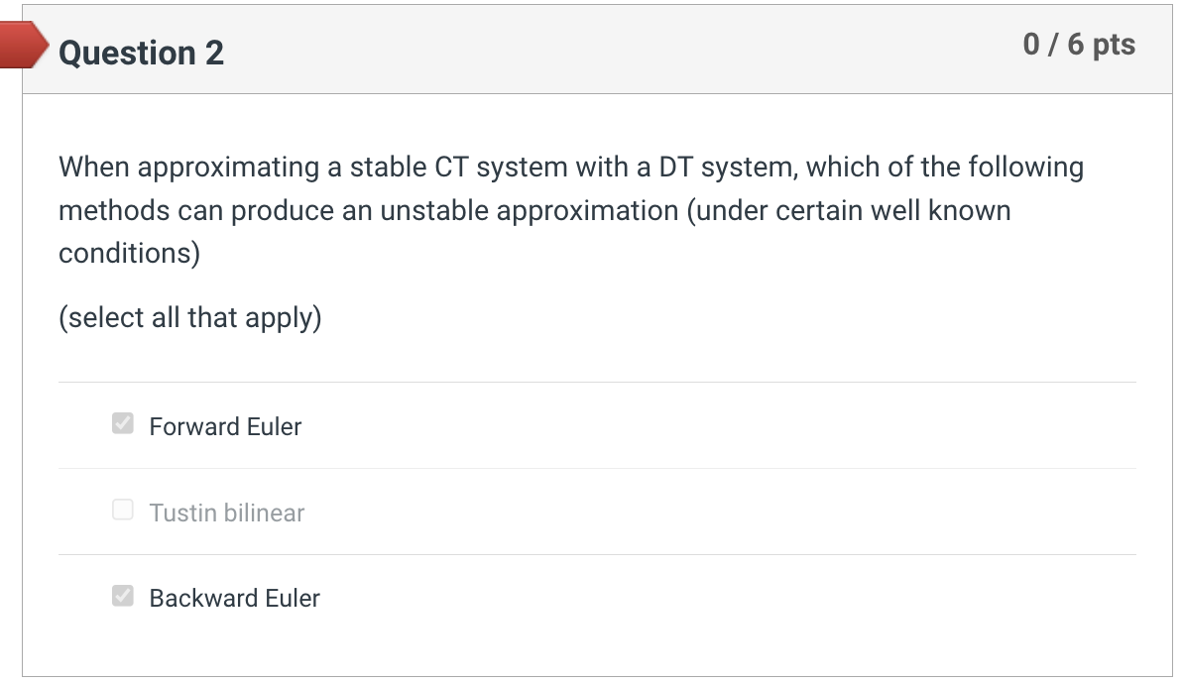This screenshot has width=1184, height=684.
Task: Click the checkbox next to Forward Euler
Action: point(123,424)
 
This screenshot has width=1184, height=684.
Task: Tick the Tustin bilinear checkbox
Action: point(123,511)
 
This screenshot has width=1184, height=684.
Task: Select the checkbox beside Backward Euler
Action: point(123,596)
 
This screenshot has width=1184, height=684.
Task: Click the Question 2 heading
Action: point(141,53)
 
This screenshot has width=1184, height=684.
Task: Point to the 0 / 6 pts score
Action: point(1079,45)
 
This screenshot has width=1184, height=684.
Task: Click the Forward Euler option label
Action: point(225,426)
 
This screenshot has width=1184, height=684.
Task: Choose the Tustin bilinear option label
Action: point(226,513)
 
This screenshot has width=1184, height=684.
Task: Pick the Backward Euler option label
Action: point(234,598)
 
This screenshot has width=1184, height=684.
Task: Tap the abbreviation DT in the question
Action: point(678,167)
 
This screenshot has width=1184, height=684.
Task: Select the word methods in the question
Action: point(115,210)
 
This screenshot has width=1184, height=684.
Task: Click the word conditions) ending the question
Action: point(129,254)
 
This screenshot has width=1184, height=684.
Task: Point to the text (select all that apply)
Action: point(190,318)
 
